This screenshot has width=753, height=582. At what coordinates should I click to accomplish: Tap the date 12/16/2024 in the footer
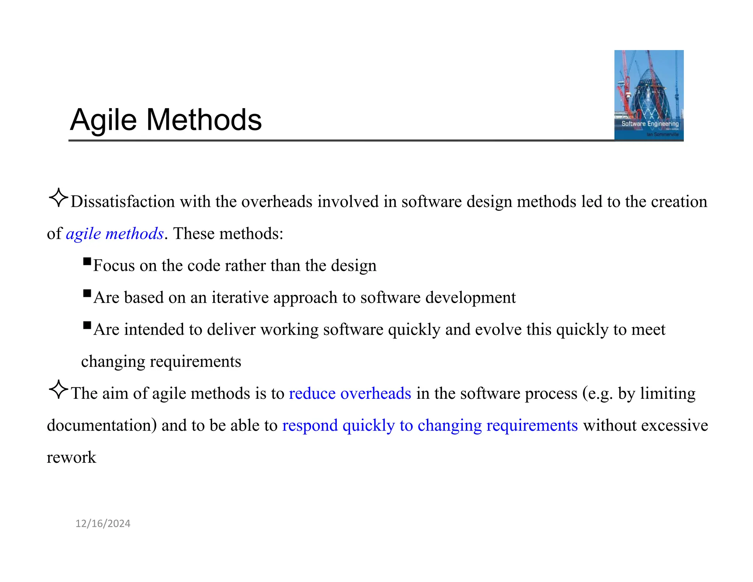pyautogui.click(x=103, y=524)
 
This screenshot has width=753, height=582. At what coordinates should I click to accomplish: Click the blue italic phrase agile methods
pyautogui.click(x=114, y=234)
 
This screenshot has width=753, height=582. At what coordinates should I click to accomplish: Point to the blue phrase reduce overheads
pyautogui.click(x=350, y=394)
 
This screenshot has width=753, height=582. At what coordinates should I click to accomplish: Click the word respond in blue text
pyautogui.click(x=310, y=426)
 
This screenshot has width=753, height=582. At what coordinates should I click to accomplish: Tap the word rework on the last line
pyautogui.click(x=71, y=458)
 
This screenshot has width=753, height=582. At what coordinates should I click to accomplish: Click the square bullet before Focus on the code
pyautogui.click(x=87, y=262)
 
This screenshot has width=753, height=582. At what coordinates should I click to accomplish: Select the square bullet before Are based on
pyautogui.click(x=87, y=293)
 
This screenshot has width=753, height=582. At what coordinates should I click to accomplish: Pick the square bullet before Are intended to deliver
pyautogui.click(x=87, y=325)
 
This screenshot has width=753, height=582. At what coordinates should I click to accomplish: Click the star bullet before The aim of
pyautogui.click(x=58, y=390)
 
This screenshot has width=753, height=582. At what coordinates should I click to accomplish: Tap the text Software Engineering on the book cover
pyautogui.click(x=650, y=124)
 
